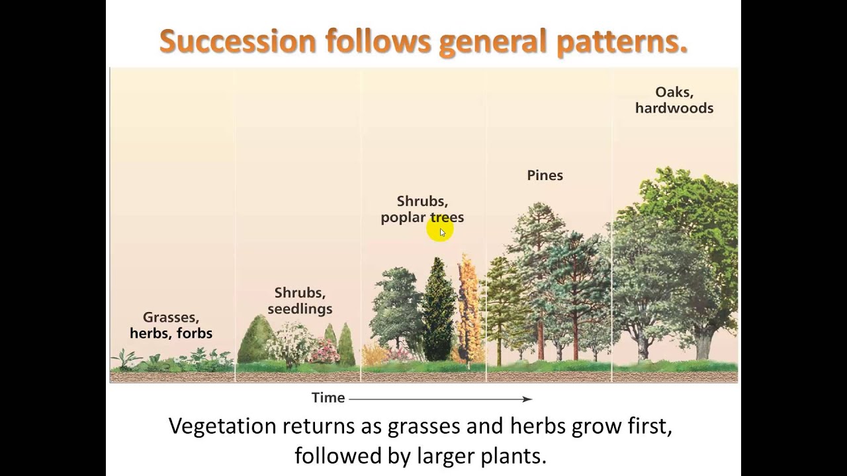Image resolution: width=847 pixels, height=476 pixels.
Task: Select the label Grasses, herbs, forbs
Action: tap(171, 325)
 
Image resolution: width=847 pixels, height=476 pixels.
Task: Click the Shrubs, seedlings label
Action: tap(300, 301)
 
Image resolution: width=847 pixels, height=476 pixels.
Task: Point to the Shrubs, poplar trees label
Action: tap(422, 209)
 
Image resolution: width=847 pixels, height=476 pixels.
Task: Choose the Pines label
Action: tap(545, 175)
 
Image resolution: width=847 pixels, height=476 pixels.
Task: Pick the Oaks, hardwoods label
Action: tap(674, 100)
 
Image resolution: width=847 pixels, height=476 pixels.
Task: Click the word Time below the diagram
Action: tap(328, 398)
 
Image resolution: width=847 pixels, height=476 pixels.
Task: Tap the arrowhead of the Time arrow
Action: tap(527, 399)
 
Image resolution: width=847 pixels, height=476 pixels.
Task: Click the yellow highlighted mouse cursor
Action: tap(441, 231)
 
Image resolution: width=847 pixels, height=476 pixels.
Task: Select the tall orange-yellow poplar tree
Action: tap(470, 307)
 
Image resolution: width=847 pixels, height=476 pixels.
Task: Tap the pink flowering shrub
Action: tap(325, 351)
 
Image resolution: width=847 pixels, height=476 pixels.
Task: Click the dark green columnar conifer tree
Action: tap(437, 311)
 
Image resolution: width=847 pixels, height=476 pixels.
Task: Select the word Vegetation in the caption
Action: tap(222, 426)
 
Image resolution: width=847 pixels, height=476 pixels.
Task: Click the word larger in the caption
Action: tap(447, 456)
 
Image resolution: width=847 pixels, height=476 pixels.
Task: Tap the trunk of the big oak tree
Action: tap(703, 344)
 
